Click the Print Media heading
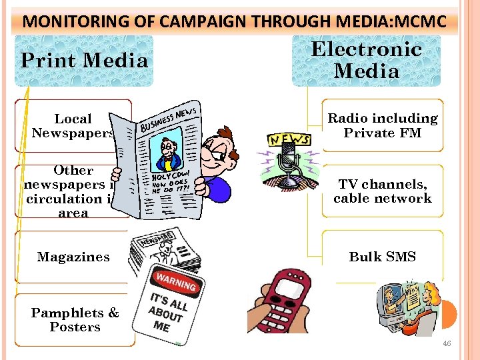click(84, 61)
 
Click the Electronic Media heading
click(366, 59)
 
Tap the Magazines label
click(73, 257)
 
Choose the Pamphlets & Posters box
click(75, 320)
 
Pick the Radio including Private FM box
click(383, 125)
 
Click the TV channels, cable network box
click(383, 191)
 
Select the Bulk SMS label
click(383, 257)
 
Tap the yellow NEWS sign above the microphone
click(289, 139)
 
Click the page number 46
click(447, 343)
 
